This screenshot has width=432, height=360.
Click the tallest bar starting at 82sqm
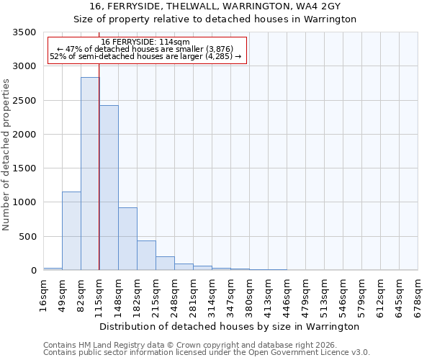90,174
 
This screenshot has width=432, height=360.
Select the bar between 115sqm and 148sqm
109,187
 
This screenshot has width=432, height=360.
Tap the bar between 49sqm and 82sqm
71,230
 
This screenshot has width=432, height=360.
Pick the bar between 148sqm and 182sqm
127,238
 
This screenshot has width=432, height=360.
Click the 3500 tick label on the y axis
24,33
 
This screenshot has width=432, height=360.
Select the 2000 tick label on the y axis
24,135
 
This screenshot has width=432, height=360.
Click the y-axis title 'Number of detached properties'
7,156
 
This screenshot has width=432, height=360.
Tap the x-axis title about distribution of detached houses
229,326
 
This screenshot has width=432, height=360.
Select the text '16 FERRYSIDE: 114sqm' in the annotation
145,42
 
